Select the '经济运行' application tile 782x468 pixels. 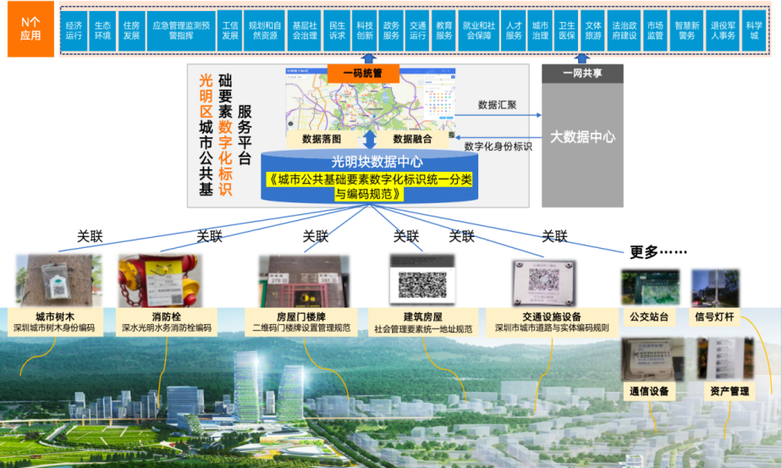[74, 30]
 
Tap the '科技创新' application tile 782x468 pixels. [364, 30]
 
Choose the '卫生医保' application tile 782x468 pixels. [567, 30]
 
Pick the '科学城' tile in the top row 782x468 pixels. [754, 30]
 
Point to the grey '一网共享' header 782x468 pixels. [583, 74]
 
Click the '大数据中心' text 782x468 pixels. [582, 135]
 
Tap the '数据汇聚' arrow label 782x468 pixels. [498, 106]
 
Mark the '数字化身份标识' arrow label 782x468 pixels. [498, 146]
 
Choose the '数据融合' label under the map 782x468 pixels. [413, 139]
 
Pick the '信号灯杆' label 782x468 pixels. [715, 318]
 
